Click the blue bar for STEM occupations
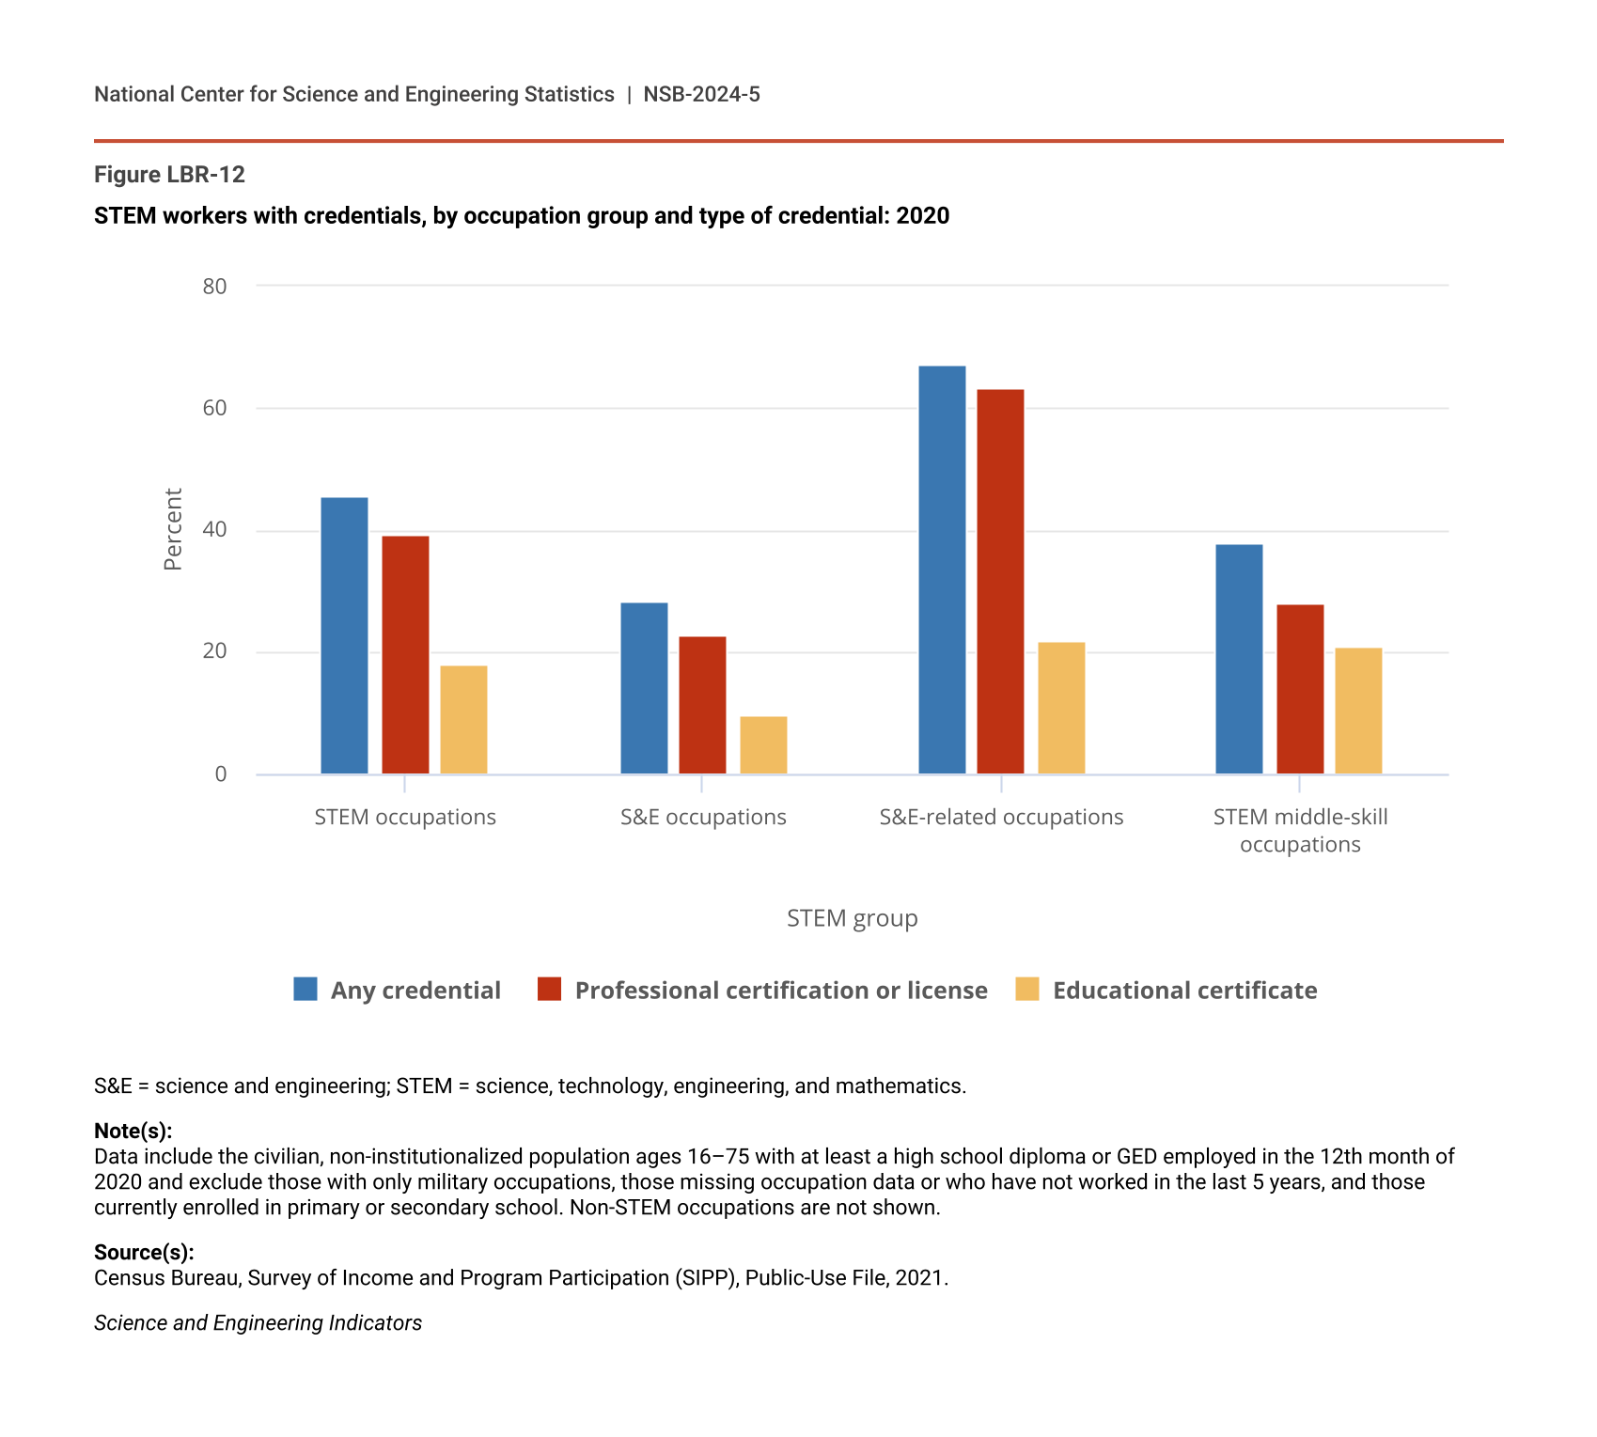tap(344, 635)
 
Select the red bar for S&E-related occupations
tap(1000, 582)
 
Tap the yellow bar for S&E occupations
tap(763, 745)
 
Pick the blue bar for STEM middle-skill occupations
tap(1239, 659)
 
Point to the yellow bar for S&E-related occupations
tap(1061, 708)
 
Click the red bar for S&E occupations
tap(702, 705)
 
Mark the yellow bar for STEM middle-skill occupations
tap(1358, 711)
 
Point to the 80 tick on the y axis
tap(215, 287)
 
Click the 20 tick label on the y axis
tap(215, 651)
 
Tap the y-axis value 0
tap(221, 773)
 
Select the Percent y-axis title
tap(173, 529)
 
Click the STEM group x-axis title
tap(852, 918)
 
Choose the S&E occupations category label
tap(703, 817)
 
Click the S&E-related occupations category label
tap(1001, 817)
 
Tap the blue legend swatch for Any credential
tap(305, 989)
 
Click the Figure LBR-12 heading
tap(170, 175)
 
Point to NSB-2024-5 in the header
tap(701, 94)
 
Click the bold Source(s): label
tap(144, 1252)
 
